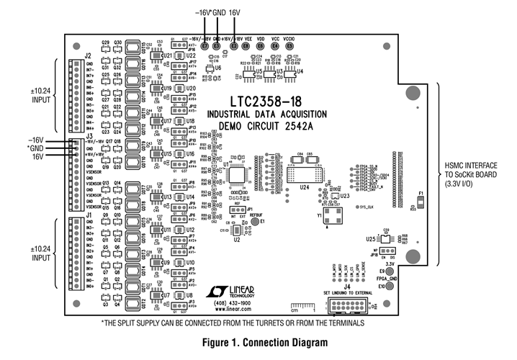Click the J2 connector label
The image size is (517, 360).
point(87,55)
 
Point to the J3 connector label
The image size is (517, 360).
point(87,135)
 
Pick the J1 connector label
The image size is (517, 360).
point(87,215)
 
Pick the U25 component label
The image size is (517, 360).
point(369,238)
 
